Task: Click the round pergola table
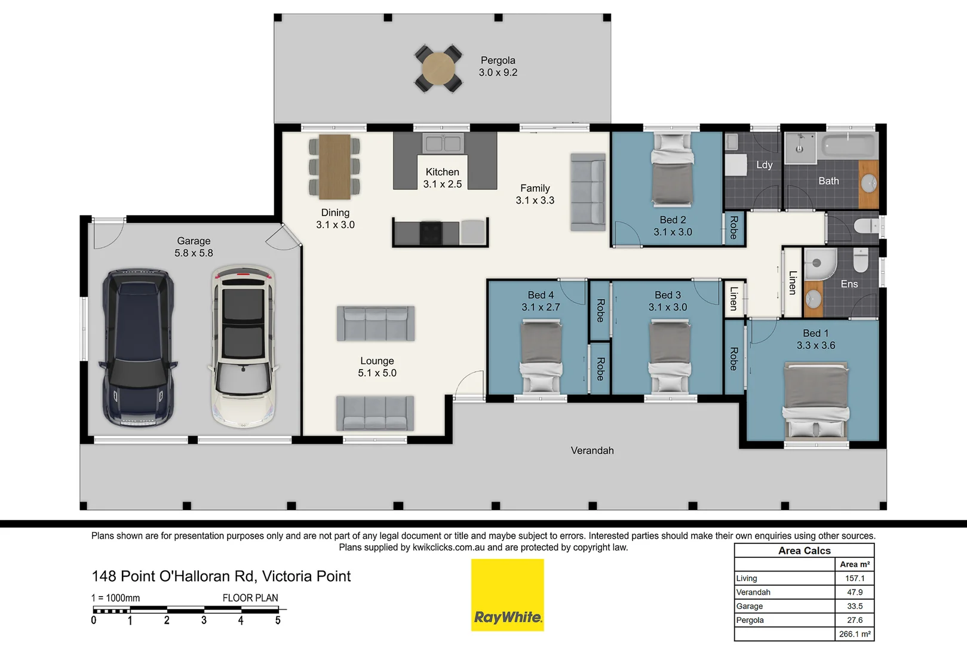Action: [438, 68]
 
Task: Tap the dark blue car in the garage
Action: [139, 348]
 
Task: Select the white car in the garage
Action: [243, 347]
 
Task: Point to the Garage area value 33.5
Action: [854, 606]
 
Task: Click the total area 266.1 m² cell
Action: [854, 634]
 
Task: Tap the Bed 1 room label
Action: [815, 333]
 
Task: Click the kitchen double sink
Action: [443, 143]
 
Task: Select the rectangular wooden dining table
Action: [334, 167]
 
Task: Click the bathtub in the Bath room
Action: [849, 145]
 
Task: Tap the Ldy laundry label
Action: [764, 165]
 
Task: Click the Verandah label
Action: [592, 451]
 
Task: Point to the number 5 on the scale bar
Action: [278, 621]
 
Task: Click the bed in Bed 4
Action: [541, 356]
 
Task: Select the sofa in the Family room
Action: [588, 192]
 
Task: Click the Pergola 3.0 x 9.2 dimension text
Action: [498, 73]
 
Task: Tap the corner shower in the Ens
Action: [819, 264]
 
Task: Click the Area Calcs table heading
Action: [804, 551]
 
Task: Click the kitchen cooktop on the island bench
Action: [430, 232]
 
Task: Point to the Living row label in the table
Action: [747, 578]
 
